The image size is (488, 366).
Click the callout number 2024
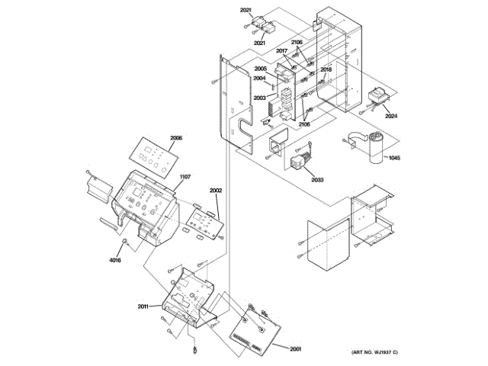[x=391, y=117]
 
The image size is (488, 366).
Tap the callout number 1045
[x=393, y=158]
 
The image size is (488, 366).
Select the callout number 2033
[x=316, y=179]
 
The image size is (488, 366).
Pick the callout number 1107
[x=185, y=177]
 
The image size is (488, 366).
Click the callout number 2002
[x=216, y=189]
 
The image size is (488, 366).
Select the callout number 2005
[x=260, y=69]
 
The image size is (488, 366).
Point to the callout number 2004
[x=259, y=79]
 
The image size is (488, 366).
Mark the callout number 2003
[x=259, y=98]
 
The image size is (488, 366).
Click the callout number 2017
[x=281, y=51]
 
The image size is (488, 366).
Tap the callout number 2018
[x=326, y=69]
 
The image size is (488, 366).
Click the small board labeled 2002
[x=203, y=221]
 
